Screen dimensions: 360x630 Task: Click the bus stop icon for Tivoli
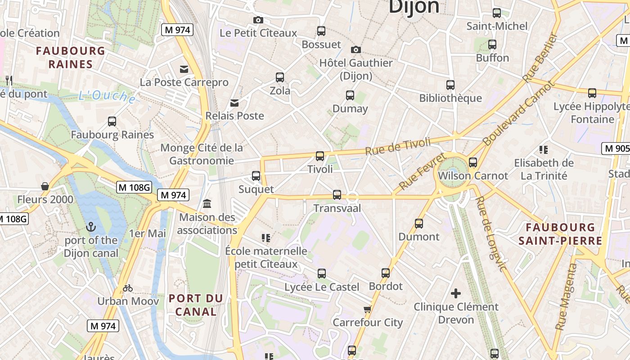coord(320,156)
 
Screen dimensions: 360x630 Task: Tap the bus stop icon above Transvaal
coord(337,195)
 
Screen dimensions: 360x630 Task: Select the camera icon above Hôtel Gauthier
coord(356,49)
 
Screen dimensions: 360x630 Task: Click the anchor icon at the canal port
coord(91,227)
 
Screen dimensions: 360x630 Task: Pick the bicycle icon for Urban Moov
coord(128,288)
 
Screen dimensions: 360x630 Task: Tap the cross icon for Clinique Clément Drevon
coord(456,294)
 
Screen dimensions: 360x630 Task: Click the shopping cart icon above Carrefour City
coord(368,309)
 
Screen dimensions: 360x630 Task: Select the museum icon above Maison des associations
coord(207,204)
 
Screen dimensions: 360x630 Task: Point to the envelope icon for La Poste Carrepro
coord(184,69)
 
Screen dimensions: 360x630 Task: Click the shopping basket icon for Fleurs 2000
coord(45,186)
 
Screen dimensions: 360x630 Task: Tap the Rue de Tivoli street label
coord(398,147)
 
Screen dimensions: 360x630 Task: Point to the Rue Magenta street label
coord(566,297)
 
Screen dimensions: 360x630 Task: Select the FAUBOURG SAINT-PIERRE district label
coord(560,234)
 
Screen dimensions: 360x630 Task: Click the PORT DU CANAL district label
coord(196,305)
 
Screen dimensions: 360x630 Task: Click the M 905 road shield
coord(616,148)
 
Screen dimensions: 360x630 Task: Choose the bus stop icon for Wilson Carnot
coord(473,162)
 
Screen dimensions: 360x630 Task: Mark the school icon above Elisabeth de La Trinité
coord(544,150)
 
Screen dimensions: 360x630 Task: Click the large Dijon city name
coord(414,7)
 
